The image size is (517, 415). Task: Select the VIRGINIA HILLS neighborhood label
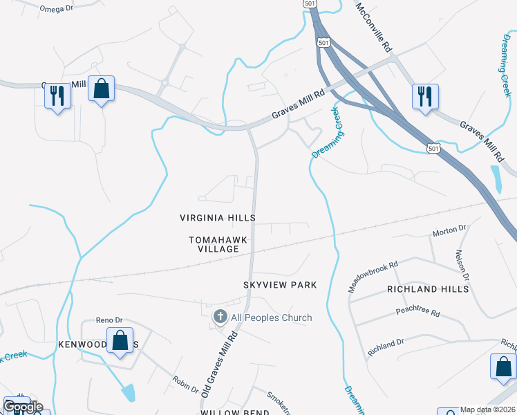(x=218, y=217)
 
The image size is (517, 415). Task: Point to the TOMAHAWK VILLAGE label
(x=218, y=244)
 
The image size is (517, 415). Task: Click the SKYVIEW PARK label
(x=280, y=285)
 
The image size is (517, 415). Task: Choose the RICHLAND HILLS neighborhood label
(x=423, y=288)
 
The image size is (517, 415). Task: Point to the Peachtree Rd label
(x=418, y=313)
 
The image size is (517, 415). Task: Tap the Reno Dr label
(x=109, y=320)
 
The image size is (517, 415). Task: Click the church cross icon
(x=220, y=317)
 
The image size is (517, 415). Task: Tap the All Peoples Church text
(x=272, y=317)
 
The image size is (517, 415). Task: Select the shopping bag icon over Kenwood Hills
(x=120, y=341)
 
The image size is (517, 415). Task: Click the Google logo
(x=22, y=407)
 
